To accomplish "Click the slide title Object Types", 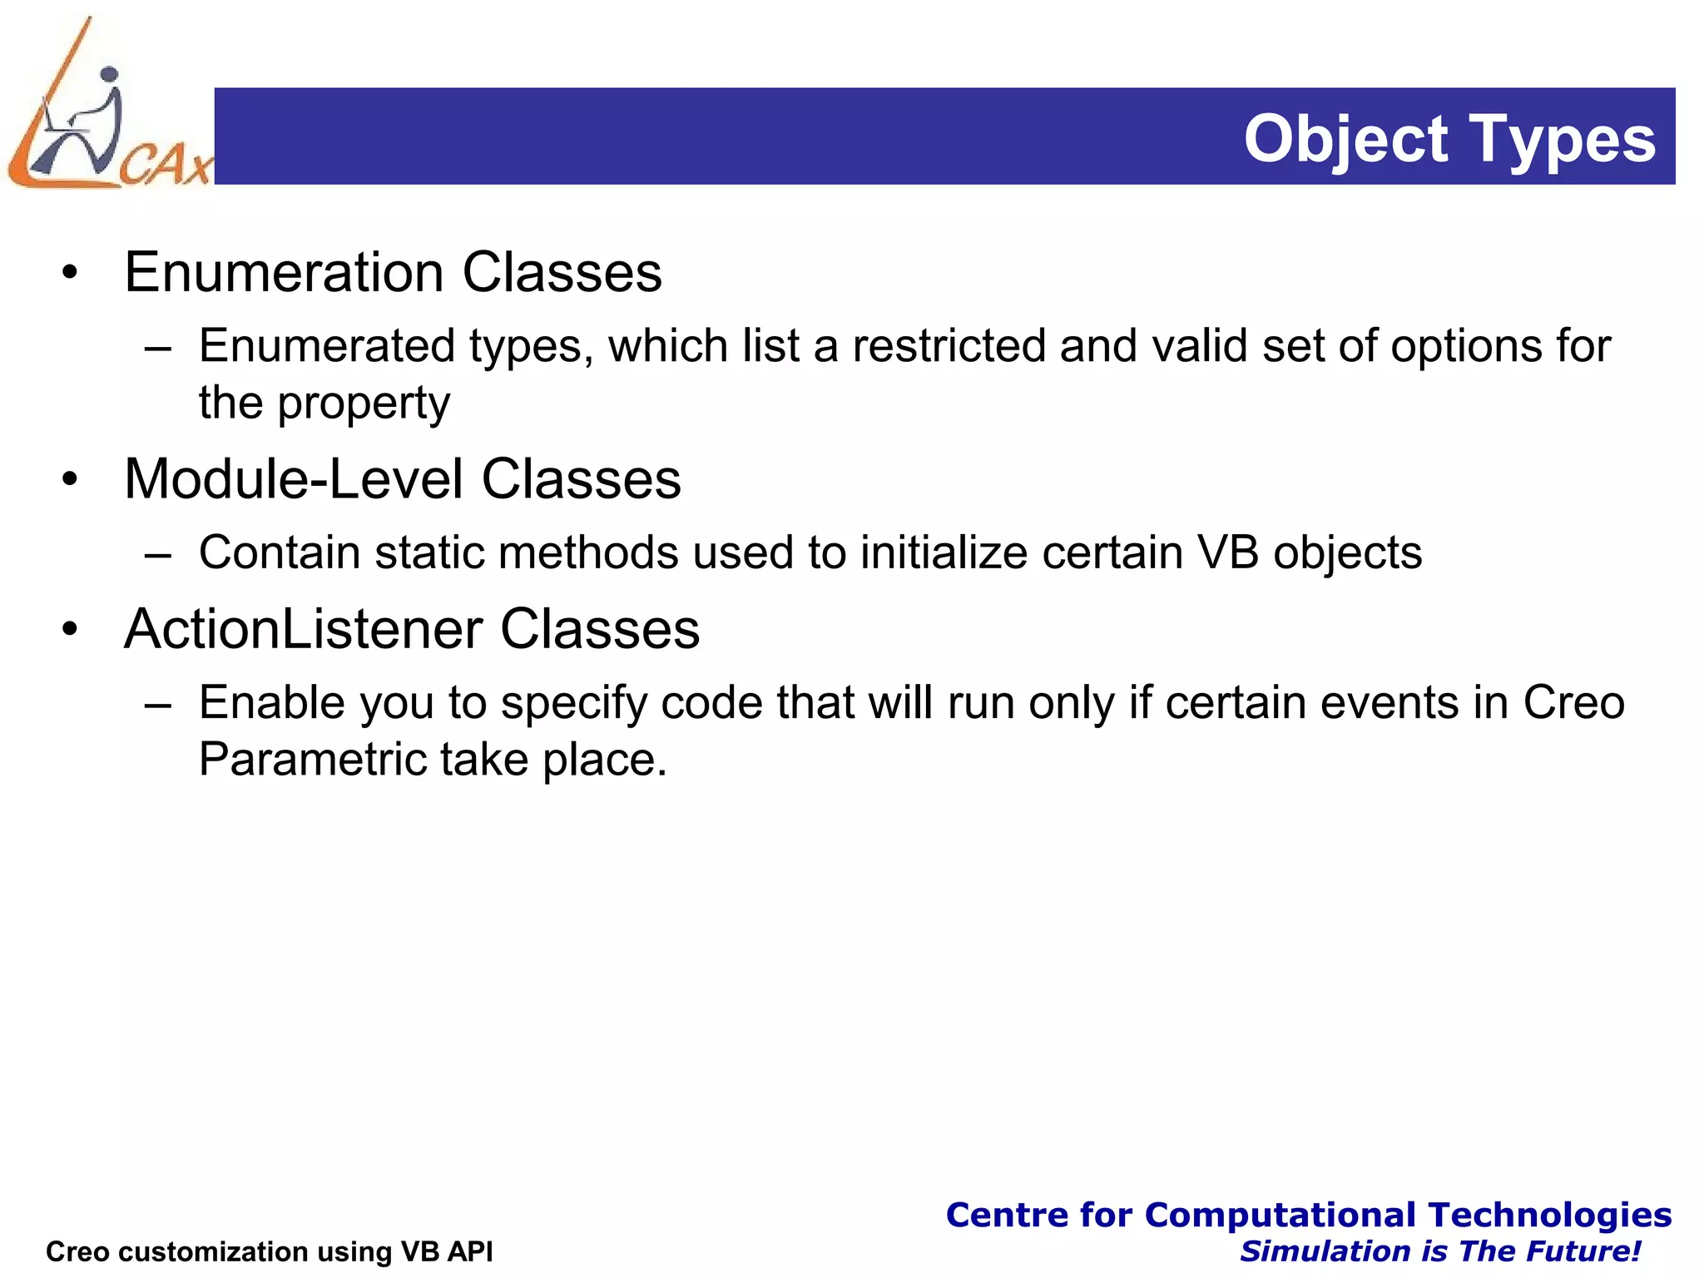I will point(1449,139).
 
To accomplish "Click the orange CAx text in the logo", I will point(166,164).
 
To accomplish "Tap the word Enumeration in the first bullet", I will point(284,272).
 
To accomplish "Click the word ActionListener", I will point(303,629).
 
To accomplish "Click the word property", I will point(363,404).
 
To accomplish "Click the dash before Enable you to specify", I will point(157,704).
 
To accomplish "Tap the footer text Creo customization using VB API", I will point(269,1251).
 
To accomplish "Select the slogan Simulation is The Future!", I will point(1439,1251).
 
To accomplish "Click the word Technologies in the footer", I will point(1549,1215).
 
